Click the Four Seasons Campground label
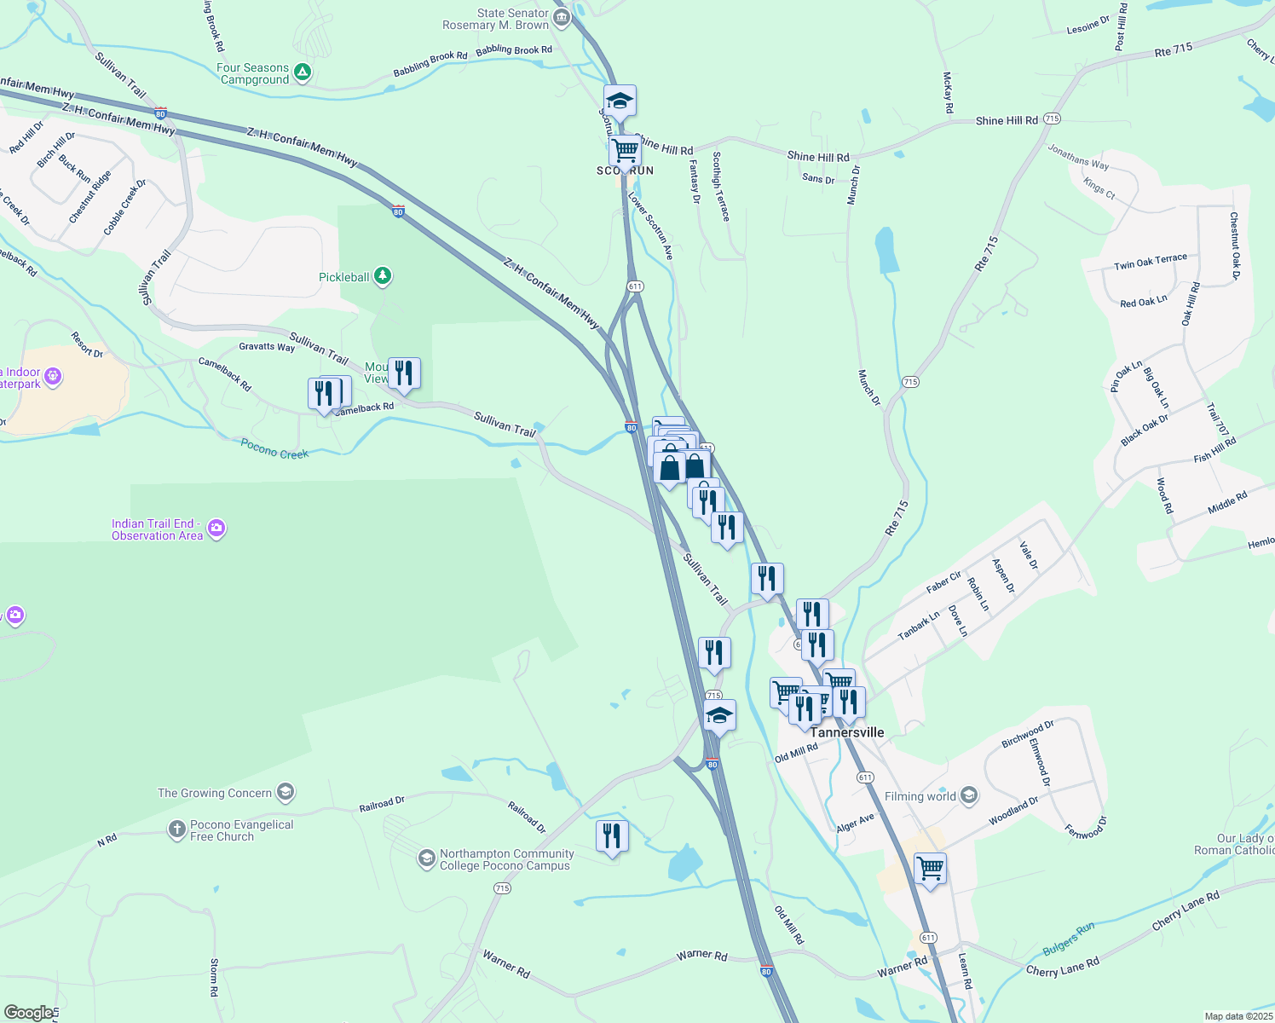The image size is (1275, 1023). click(253, 73)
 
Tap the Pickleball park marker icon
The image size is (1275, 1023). click(384, 275)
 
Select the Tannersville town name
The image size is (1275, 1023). click(846, 732)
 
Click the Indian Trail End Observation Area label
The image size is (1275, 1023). click(158, 529)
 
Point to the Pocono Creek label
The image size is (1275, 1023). click(274, 448)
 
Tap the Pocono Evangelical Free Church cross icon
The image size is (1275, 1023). click(176, 829)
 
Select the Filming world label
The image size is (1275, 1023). click(920, 796)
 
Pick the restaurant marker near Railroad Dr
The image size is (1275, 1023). click(612, 836)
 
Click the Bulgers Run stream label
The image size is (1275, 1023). click(1068, 939)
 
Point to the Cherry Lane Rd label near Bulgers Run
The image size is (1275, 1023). click(1063, 967)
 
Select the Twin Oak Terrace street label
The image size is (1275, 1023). click(1150, 262)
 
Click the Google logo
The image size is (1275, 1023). click(28, 1013)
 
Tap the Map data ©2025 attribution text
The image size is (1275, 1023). click(1238, 1016)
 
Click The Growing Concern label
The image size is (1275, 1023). click(215, 793)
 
